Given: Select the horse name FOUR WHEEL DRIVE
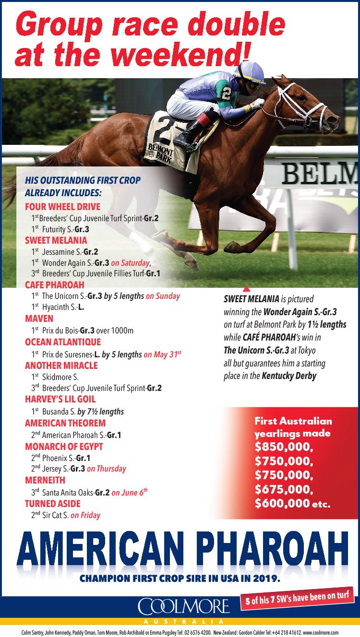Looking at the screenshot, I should click(62, 207).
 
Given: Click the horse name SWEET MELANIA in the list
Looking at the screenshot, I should click(56, 240).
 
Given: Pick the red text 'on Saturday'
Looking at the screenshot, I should click(131, 262).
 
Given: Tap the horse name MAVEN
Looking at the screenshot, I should click(39, 318).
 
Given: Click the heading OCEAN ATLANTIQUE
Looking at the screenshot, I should click(62, 342).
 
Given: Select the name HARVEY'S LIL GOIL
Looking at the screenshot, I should click(60, 399).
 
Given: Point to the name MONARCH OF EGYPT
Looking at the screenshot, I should click(64, 447).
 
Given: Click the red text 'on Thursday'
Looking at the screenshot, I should click(107, 469).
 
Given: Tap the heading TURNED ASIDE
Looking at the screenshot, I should click(52, 504).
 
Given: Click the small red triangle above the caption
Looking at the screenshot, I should click(246, 288).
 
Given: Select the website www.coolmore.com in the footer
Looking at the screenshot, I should click(321, 633).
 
